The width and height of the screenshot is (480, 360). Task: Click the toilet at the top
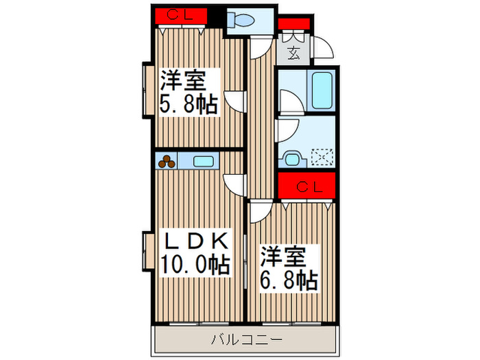(x=243, y=21)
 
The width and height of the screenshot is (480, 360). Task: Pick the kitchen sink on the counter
(x=203, y=162)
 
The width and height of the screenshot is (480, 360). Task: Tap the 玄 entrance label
(x=293, y=52)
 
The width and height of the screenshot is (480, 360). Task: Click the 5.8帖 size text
(x=189, y=104)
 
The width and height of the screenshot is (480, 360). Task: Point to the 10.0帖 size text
(x=194, y=263)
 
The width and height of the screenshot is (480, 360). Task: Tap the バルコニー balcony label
(x=245, y=339)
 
